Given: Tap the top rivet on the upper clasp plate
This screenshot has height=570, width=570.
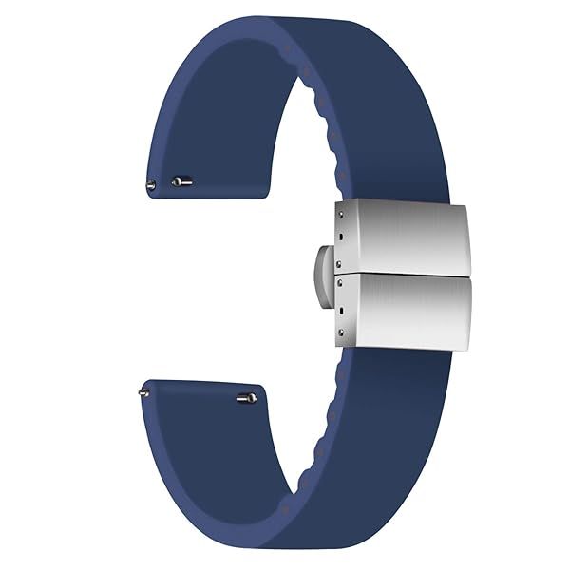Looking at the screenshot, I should [x=339, y=217].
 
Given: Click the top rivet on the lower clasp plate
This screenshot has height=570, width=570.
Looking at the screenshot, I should [x=339, y=282].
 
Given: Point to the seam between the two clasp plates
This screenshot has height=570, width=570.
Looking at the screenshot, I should [x=408, y=274].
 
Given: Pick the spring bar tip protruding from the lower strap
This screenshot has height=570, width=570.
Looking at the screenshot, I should [x=143, y=388].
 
